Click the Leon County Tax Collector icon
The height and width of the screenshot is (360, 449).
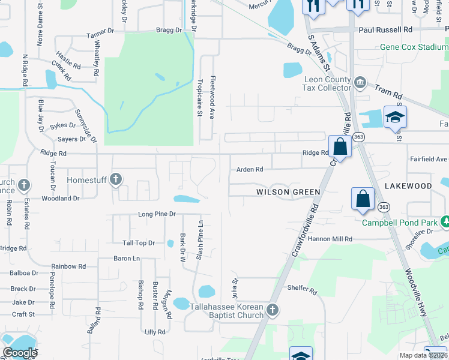(x=360, y=82)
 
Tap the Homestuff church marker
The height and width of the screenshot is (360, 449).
(x=116, y=179)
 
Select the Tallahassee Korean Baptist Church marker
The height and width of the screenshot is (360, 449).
(x=273, y=310)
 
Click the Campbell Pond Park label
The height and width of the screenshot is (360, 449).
(x=399, y=223)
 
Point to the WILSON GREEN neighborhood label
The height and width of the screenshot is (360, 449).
(x=288, y=192)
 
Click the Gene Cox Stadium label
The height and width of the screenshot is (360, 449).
(x=414, y=47)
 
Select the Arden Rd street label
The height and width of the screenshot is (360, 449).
(x=250, y=170)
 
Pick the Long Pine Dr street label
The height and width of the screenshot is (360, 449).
(x=157, y=214)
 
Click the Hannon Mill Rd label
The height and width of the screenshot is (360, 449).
(x=331, y=239)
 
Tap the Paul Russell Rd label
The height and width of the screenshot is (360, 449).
(x=385, y=29)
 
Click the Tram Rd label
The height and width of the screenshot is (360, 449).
(x=387, y=90)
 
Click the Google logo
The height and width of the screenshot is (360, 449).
(x=20, y=353)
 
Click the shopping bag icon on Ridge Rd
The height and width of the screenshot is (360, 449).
(x=340, y=147)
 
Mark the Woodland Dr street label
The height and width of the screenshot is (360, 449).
(x=60, y=198)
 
